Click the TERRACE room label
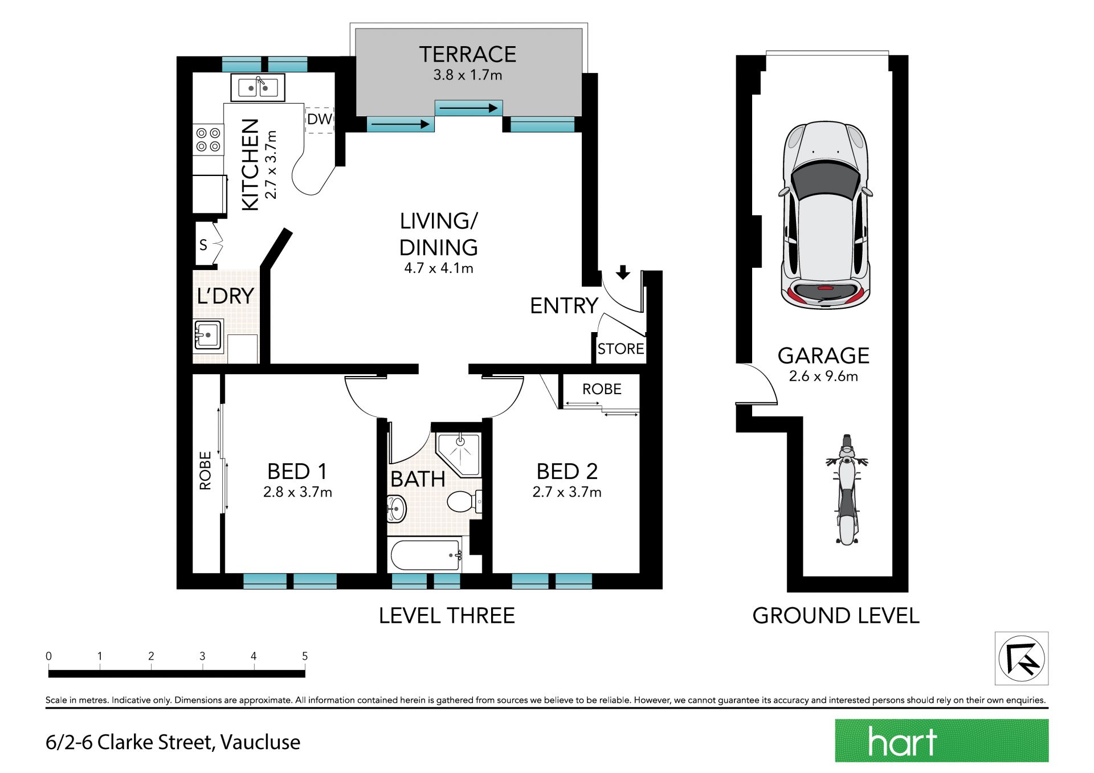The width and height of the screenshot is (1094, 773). tap(468, 55)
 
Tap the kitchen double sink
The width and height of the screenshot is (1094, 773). tap(258, 88)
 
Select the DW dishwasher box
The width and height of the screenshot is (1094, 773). tap(319, 120)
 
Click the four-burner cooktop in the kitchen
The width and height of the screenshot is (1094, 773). tap(208, 140)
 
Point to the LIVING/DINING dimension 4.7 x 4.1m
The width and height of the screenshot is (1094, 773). tap(439, 268)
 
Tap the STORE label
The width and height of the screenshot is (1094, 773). tap(621, 349)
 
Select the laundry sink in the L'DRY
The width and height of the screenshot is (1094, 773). tap(208, 336)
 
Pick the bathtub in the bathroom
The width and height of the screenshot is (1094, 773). tap(425, 555)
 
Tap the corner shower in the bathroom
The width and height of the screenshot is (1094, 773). tap(459, 454)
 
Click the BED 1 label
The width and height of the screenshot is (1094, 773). tap(297, 472)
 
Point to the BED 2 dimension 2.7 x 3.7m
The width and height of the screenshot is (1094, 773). tap(567, 492)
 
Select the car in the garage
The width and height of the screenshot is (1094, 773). tap(826, 215)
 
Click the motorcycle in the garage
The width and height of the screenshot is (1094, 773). tap(847, 490)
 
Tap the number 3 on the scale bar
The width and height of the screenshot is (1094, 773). tap(202, 656)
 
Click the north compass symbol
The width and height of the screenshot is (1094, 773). tap(1022, 659)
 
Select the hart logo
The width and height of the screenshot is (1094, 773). tap(942, 741)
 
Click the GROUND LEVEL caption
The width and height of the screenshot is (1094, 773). tap(836, 616)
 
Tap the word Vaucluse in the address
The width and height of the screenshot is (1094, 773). tap(260, 742)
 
